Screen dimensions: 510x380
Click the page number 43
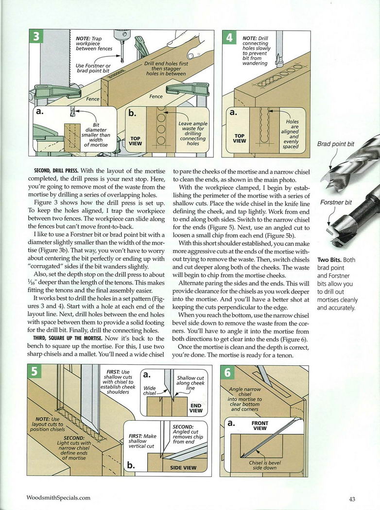click(x=353, y=498)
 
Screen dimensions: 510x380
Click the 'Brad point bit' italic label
click(x=336, y=144)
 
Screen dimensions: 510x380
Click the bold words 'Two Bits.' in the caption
click(x=329, y=260)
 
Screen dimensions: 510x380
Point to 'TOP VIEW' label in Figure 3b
click(x=135, y=141)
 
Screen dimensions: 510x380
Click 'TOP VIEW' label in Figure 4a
click(x=239, y=139)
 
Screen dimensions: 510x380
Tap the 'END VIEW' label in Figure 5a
click(x=196, y=408)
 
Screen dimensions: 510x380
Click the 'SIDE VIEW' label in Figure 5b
click(x=183, y=468)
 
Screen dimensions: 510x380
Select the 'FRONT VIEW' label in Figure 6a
click(x=259, y=426)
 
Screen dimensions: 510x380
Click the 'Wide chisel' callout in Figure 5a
click(x=150, y=391)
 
